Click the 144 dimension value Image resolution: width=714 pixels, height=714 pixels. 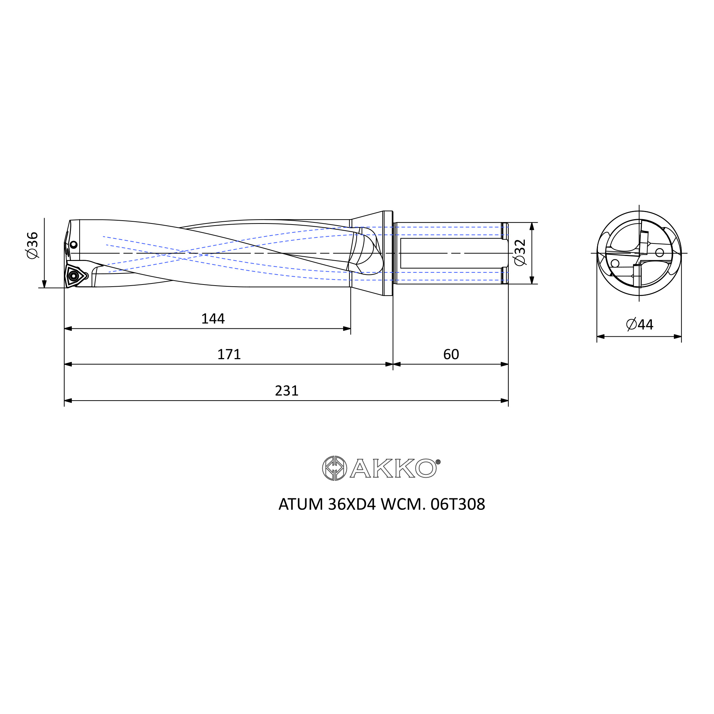click(213, 318)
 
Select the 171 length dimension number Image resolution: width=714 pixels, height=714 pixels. click(229, 355)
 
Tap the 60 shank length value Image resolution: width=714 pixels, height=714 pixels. click(451, 355)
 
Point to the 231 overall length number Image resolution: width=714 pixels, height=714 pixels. click(286, 391)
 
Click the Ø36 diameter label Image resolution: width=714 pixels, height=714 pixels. click(32, 245)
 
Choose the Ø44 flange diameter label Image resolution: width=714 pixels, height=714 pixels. click(640, 325)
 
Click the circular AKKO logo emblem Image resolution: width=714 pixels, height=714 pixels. click(335, 468)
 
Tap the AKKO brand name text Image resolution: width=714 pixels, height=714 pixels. click(393, 468)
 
